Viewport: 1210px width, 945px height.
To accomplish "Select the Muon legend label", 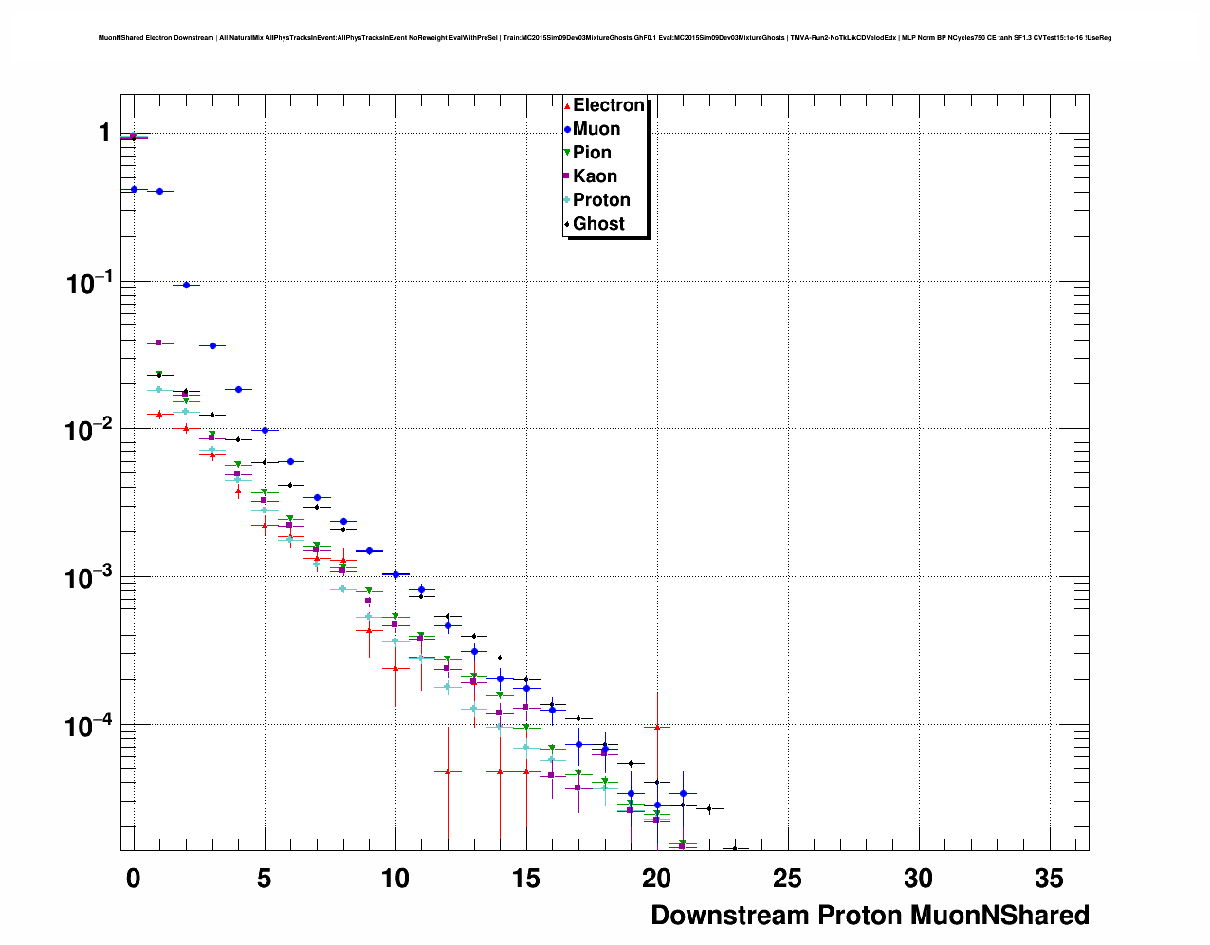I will coord(596,129).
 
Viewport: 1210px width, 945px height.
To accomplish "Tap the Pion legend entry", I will coord(592,153).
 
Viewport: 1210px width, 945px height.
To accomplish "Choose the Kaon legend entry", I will coord(595,176).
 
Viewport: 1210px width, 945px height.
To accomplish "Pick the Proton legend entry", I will coord(601,200).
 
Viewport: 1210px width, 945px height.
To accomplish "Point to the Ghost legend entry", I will coord(598,224).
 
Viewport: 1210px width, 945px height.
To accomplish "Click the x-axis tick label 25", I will coord(788,879).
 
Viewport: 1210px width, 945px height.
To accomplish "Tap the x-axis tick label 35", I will coord(1050,879).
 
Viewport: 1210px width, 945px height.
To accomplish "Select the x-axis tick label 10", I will coord(395,879).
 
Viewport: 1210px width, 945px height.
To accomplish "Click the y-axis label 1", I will coord(104,133).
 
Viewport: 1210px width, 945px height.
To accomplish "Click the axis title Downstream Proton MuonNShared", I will coord(870,916).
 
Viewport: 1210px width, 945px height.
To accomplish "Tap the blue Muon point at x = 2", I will coord(186,285).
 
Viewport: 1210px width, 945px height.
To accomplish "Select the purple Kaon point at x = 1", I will coord(159,343).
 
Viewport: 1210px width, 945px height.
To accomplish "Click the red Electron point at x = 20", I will coord(657,727).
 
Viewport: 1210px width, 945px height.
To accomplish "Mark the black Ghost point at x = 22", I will coord(709,808).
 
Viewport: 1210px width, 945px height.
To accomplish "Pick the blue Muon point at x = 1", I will coord(159,191).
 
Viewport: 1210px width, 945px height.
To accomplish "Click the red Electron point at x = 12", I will coord(448,771).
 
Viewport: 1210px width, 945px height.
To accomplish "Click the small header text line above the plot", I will coord(605,38).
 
